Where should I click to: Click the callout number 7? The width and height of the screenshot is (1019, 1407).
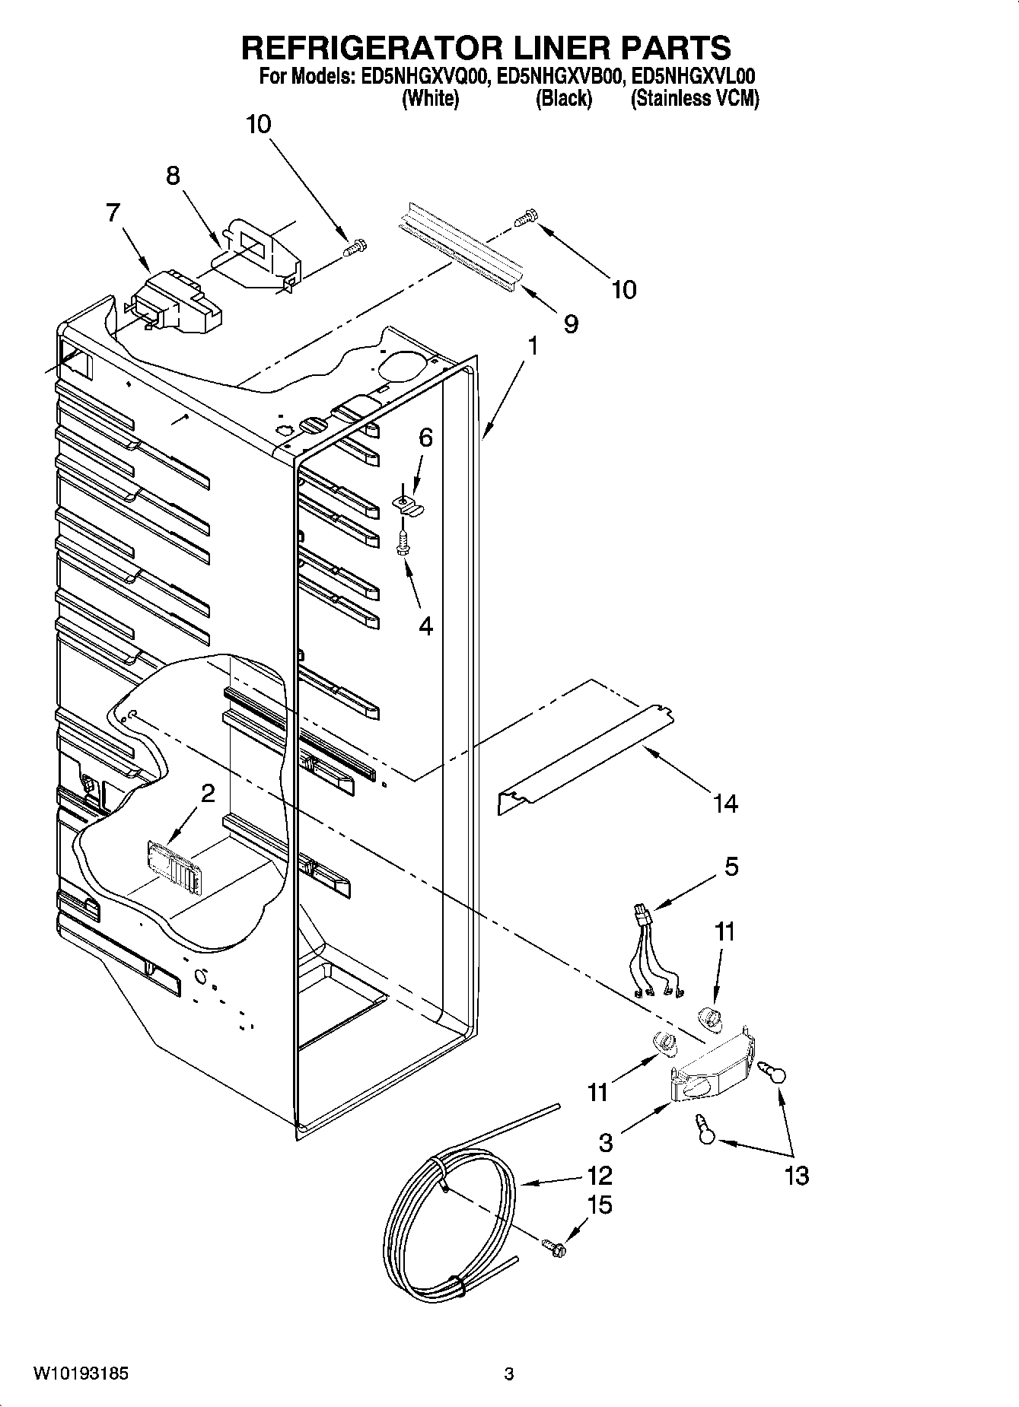pyautogui.click(x=113, y=212)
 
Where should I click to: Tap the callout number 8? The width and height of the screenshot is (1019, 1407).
pyautogui.click(x=174, y=177)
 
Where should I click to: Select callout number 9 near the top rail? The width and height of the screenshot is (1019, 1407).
pyautogui.click(x=571, y=324)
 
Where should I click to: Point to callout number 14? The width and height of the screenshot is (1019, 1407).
pyautogui.click(x=725, y=803)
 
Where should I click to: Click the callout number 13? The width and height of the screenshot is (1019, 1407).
pyautogui.click(x=796, y=1176)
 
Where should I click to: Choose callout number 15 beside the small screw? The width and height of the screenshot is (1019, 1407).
pyautogui.click(x=600, y=1205)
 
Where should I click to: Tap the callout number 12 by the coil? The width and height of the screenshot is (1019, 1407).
pyautogui.click(x=600, y=1176)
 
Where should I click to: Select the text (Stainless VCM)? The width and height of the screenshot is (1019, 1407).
pyautogui.click(x=694, y=99)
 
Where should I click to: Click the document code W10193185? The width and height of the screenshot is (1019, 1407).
pyautogui.click(x=81, y=1374)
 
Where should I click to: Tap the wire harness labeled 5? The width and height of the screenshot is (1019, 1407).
pyautogui.click(x=651, y=951)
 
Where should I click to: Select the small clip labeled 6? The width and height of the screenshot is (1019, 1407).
pyautogui.click(x=409, y=505)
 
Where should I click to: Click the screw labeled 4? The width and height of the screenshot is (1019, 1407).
pyautogui.click(x=403, y=543)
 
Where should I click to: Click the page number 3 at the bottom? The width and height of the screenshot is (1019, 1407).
pyautogui.click(x=509, y=1374)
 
